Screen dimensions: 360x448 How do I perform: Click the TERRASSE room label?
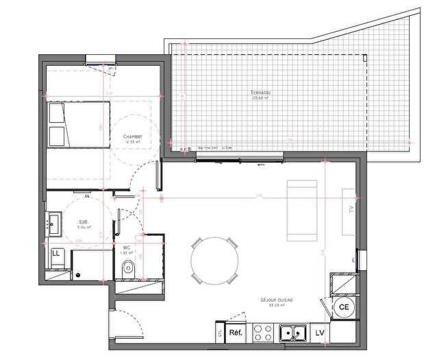pyautogui.click(x=261, y=92)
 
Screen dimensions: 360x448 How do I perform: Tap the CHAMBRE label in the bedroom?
pyautogui.click(x=133, y=137)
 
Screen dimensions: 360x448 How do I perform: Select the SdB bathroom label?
pyautogui.click(x=84, y=222)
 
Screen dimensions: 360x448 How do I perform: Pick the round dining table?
pyautogui.click(x=215, y=263)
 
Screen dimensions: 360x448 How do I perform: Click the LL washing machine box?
pyautogui.click(x=56, y=254)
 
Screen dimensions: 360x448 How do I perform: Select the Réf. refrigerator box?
pyautogui.click(x=236, y=333)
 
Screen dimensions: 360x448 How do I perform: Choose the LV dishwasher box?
pyautogui.click(x=320, y=333)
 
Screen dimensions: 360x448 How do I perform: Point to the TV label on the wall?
pyautogui.click(x=350, y=209)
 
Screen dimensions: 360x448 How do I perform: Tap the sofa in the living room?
pyautogui.click(x=303, y=212)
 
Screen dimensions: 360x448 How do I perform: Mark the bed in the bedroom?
pyautogui.click(x=79, y=125)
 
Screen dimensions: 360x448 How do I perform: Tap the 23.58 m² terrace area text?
pyautogui.click(x=261, y=98)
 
